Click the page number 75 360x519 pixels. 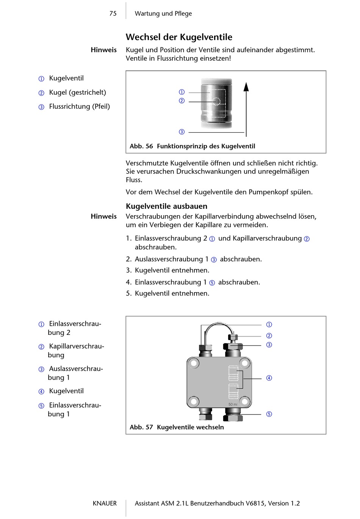[x=113, y=14]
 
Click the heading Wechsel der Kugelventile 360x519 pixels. [x=179, y=37]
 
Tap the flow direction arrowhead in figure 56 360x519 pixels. [x=246, y=87]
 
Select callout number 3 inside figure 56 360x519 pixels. [x=182, y=132]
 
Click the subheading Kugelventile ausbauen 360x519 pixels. [x=166, y=206]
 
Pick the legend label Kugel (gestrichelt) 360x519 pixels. [x=77, y=92]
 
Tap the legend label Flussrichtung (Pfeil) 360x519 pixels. [x=79, y=106]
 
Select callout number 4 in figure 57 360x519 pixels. [x=269, y=378]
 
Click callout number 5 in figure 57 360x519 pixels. [x=269, y=414]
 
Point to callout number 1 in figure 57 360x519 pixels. [x=269, y=325]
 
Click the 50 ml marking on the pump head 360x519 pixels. [x=233, y=405]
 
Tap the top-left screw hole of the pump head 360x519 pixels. [x=194, y=364]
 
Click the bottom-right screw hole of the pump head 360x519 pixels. [x=245, y=401]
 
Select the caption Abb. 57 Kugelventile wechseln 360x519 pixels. [x=177, y=427]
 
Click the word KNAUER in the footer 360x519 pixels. [x=105, y=503]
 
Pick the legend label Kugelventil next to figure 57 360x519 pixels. [x=66, y=391]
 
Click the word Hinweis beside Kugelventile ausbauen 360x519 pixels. [x=103, y=216]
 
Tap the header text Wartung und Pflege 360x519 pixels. [x=163, y=14]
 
